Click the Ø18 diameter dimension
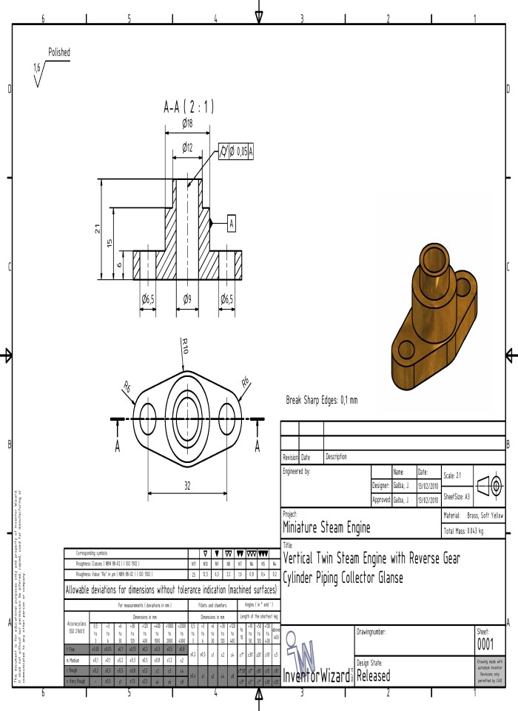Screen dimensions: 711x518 pyautogui.click(x=188, y=123)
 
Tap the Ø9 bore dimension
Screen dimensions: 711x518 pyautogui.click(x=188, y=299)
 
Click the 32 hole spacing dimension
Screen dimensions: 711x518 pyautogui.click(x=188, y=485)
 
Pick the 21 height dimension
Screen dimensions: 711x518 pyautogui.click(x=98, y=229)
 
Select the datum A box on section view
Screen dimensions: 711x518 pyautogui.click(x=231, y=222)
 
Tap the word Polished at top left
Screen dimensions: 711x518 pyautogui.click(x=59, y=53)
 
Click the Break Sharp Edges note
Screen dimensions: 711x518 pyautogui.click(x=321, y=400)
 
